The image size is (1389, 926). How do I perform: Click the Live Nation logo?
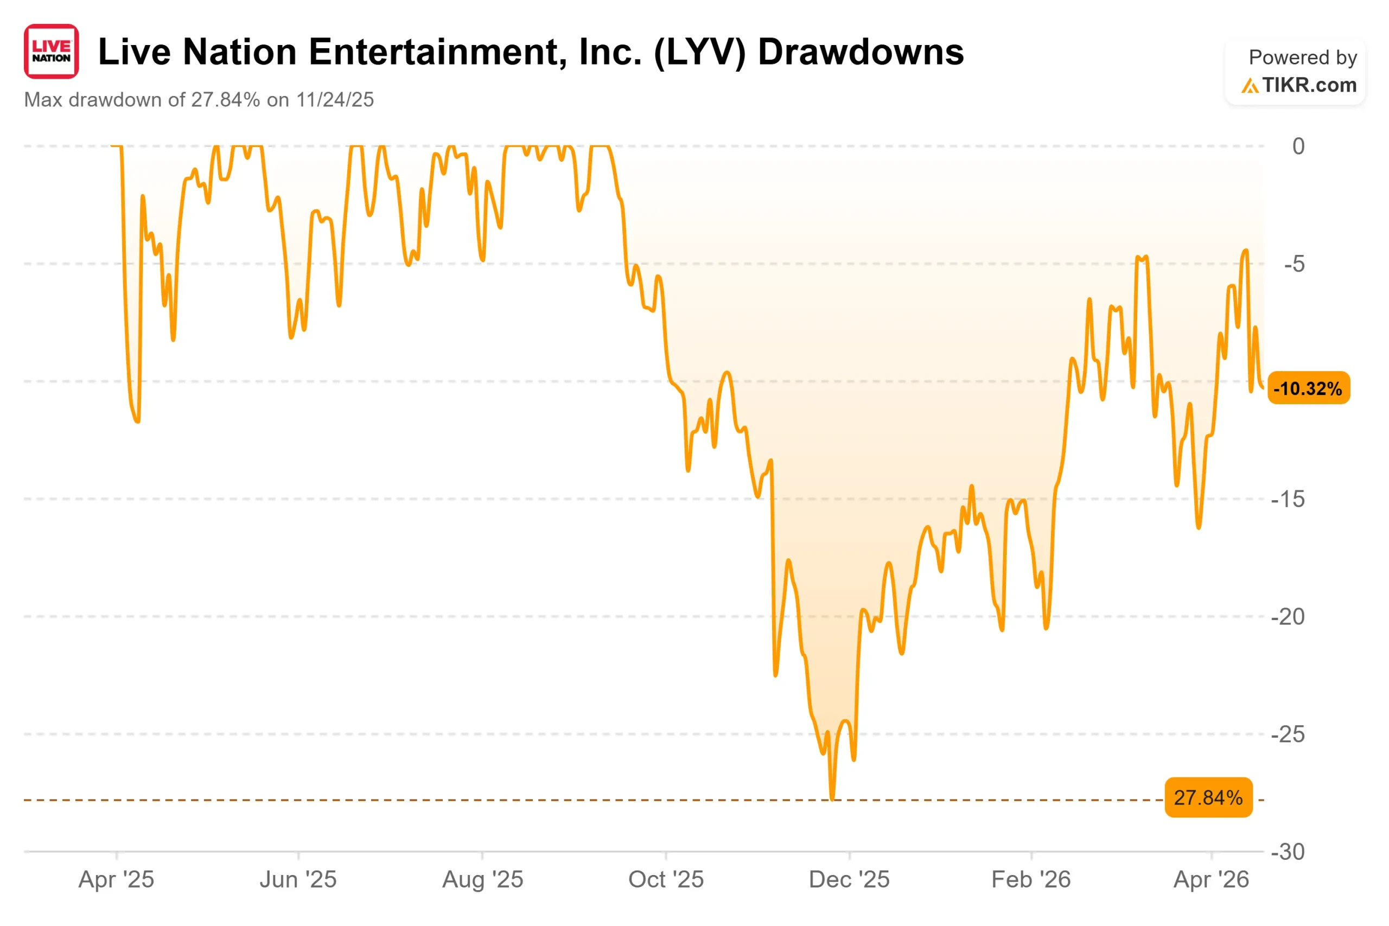[x=52, y=52]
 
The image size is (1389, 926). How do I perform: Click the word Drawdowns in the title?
[x=861, y=52]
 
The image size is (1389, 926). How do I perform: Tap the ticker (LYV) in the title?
[x=700, y=53]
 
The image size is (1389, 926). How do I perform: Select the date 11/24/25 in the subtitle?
[x=335, y=100]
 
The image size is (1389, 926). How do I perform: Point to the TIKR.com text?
[x=1309, y=85]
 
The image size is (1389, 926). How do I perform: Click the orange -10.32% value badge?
[x=1309, y=388]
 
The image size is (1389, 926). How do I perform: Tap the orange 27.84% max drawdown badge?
[x=1208, y=798]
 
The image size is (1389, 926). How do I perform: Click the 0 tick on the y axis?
[x=1298, y=146]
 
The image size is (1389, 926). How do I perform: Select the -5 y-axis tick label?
[x=1294, y=264]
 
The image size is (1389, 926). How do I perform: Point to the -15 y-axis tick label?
[x=1288, y=500]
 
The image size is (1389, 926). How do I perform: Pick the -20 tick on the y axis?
[x=1288, y=617]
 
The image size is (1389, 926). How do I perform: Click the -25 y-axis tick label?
[x=1288, y=735]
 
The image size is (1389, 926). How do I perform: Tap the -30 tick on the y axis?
[x=1288, y=852]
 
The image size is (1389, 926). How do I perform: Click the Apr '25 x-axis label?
[x=116, y=880]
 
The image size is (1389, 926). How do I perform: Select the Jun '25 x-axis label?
[x=298, y=880]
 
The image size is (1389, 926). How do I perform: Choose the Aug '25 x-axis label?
[x=482, y=880]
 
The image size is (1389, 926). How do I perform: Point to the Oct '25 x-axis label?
[x=666, y=880]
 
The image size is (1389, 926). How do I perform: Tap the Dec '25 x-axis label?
[x=849, y=880]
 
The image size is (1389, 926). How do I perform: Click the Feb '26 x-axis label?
[x=1031, y=880]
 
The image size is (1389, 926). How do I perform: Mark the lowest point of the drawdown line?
[x=833, y=799]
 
